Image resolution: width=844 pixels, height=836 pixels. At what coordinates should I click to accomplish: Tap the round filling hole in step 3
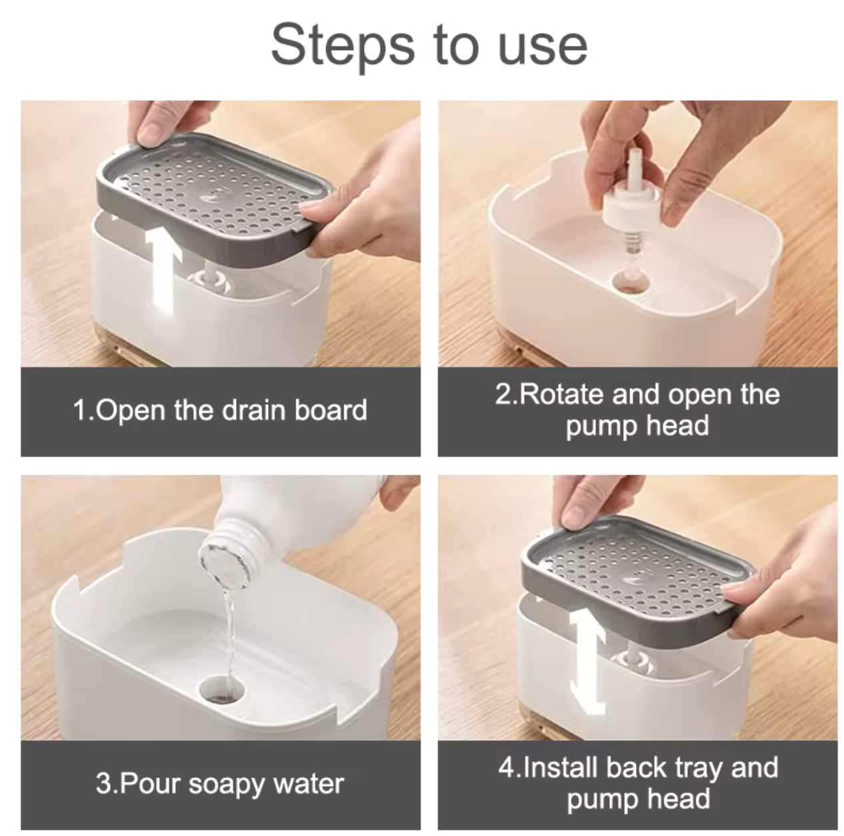[221, 689]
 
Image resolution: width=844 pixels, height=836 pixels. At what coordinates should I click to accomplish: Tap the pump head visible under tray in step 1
[210, 281]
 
